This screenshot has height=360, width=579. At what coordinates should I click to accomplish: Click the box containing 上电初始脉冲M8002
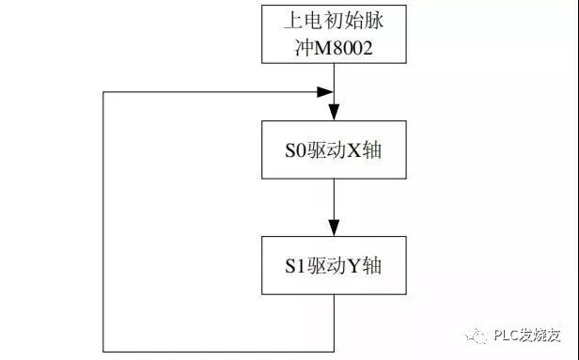[334, 33]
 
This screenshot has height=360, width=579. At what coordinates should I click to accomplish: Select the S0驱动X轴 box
[334, 150]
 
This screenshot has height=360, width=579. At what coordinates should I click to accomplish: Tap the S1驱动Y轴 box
[334, 267]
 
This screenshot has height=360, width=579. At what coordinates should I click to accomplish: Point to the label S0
[295, 150]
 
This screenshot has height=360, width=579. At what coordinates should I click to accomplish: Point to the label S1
[295, 267]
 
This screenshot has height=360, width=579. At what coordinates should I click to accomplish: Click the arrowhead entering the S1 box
[335, 230]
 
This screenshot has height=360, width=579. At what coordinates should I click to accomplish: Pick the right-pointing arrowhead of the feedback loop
[326, 92]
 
